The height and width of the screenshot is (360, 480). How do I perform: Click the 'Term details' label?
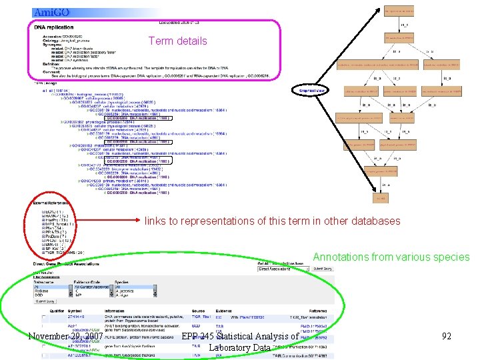(x=177, y=41)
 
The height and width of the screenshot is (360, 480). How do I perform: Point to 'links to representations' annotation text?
(x=273, y=221)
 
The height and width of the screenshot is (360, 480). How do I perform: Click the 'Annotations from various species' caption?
(x=391, y=257)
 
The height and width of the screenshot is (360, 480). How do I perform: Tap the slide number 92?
(x=447, y=337)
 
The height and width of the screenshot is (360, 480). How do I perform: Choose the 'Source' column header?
(x=198, y=311)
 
